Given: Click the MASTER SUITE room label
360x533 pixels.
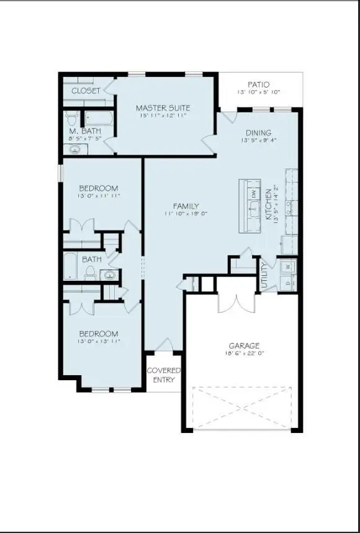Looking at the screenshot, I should (163, 107).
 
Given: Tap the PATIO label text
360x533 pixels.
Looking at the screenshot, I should (258, 84).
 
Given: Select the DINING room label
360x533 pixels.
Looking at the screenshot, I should (258, 132).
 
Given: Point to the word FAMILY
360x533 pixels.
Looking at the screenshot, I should (186, 206).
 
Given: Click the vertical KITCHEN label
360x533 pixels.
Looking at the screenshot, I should (269, 205).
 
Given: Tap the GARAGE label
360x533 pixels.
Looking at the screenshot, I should (244, 345).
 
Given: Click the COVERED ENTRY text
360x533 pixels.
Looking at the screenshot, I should (164, 375).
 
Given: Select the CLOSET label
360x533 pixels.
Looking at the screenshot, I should (86, 91).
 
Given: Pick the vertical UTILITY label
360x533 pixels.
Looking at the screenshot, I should (264, 275).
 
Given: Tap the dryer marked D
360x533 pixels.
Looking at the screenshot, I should (287, 283).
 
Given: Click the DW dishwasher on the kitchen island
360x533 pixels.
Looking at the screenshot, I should (253, 193).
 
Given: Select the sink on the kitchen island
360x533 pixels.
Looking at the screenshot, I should (253, 207).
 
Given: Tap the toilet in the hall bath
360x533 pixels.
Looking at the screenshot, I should (90, 271).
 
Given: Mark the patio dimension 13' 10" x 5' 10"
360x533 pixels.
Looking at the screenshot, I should (258, 92).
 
